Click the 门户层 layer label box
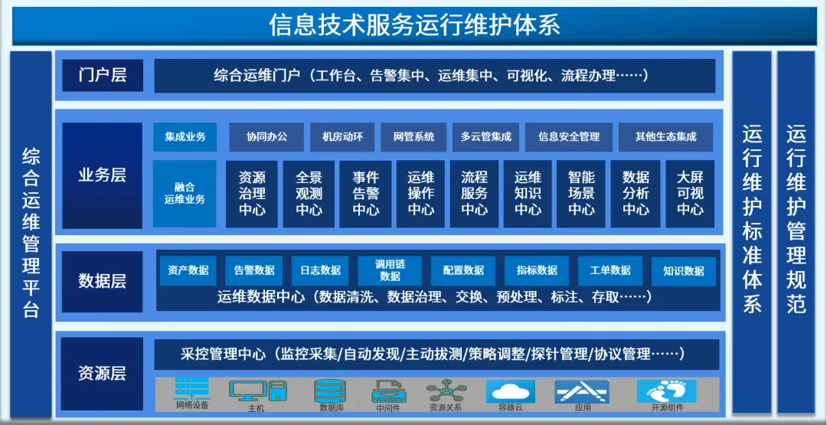coord(103,75)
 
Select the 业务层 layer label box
coord(103,175)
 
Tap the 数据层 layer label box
coord(103,281)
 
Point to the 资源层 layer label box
coord(103,374)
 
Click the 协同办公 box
coord(267,137)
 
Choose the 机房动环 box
coord(342,137)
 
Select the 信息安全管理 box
coord(569,137)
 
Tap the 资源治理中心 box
coord(252,194)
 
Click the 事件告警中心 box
coord(365,194)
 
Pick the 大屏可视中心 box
coord(690,194)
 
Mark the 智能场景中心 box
coord(581,194)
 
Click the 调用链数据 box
coord(390,270)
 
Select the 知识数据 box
coord(684,271)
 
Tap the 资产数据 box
coord(188,271)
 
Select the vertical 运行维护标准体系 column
coord(752,232)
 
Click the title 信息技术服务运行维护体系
coord(414,25)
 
